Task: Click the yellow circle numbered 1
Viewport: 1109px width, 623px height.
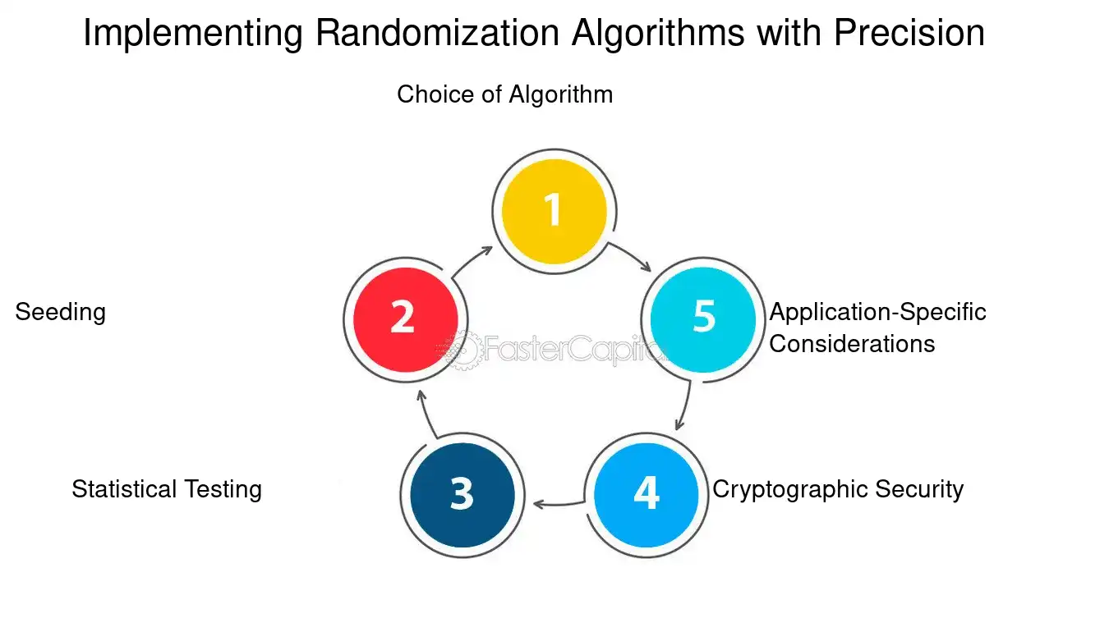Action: [554, 211]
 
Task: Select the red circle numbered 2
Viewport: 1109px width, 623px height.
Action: [406, 319]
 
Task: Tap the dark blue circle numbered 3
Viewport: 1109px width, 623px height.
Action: [462, 495]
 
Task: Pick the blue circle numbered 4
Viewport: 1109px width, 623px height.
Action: [646, 495]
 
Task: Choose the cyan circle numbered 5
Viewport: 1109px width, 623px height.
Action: [703, 319]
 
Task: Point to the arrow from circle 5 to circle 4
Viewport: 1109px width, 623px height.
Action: [686, 405]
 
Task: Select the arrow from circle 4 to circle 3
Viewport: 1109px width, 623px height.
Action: [559, 505]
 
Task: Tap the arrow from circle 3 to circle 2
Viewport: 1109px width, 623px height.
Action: [426, 415]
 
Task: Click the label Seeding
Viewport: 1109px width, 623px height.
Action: [61, 313]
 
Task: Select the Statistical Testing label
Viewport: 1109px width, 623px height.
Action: [167, 490]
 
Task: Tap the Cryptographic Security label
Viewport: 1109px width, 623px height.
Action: [838, 490]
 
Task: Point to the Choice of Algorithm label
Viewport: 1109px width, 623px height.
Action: [505, 94]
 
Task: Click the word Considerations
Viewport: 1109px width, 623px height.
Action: [852, 344]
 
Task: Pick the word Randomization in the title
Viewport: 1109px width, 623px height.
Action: [438, 33]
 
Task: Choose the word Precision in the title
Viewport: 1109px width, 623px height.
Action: [909, 33]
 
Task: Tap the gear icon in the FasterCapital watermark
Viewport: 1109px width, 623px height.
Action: [462, 350]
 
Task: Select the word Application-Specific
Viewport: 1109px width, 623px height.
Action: [878, 313]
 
